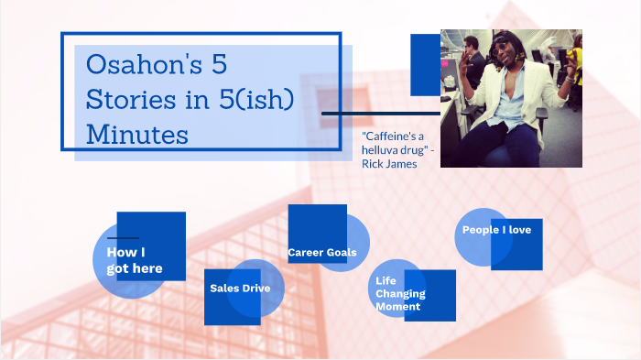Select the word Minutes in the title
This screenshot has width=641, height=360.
(136, 134)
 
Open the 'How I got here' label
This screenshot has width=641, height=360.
(134, 260)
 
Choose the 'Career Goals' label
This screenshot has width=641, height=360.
(321, 252)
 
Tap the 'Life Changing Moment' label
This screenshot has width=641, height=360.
(400, 293)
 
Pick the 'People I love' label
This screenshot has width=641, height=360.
(496, 230)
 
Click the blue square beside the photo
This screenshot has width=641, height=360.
(425, 64)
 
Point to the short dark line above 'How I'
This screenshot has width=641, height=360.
(123, 237)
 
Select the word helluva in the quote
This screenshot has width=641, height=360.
(386, 150)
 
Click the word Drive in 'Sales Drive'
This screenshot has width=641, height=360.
(264, 288)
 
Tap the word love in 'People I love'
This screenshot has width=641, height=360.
(517, 230)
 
